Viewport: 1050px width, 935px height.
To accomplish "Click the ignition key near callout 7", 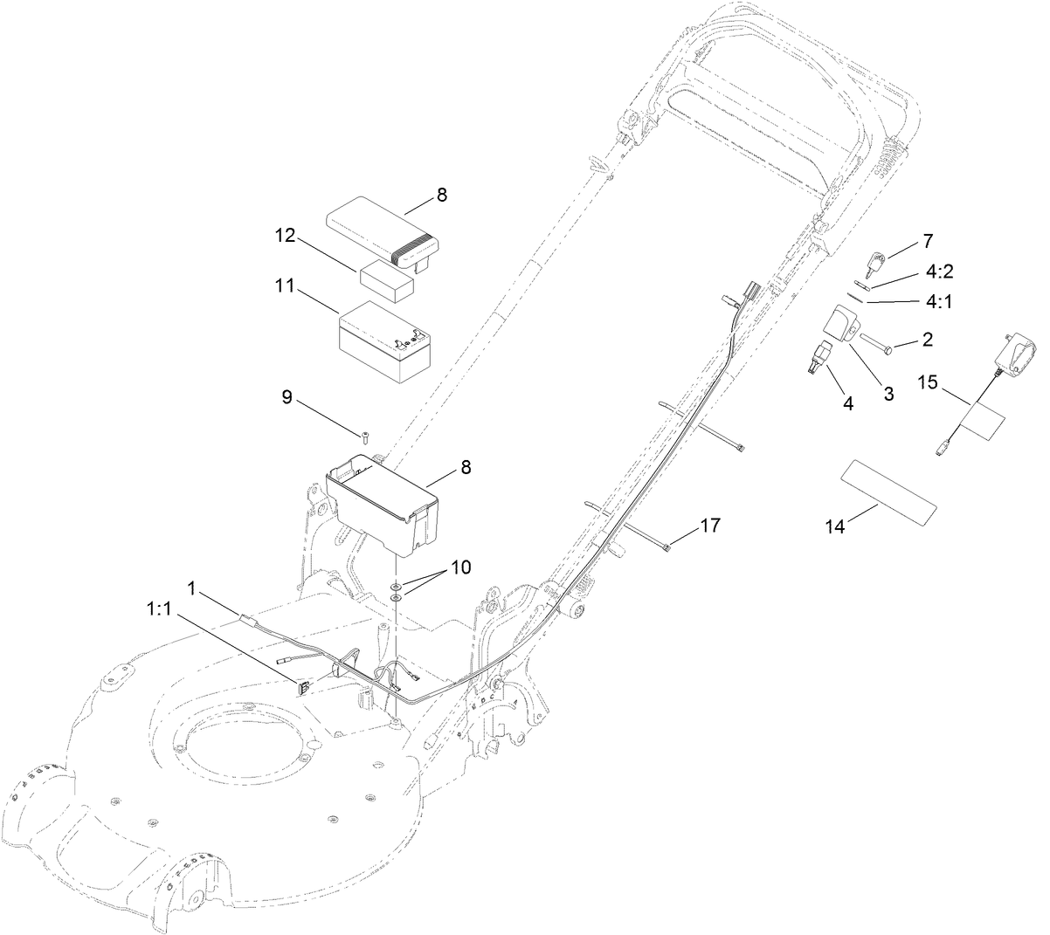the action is (x=875, y=262).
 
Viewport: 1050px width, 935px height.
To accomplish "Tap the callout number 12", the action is (x=285, y=236).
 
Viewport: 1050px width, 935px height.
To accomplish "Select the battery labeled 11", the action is (x=384, y=342).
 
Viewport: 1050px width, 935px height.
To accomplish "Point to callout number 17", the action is (x=710, y=526).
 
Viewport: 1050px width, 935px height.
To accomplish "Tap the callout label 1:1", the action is (x=159, y=609).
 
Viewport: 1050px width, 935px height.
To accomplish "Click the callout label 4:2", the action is (x=939, y=272).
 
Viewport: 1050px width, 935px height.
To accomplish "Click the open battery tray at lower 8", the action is (x=383, y=503).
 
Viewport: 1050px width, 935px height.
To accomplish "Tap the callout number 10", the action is (x=460, y=567).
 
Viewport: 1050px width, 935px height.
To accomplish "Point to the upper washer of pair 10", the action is (x=396, y=587).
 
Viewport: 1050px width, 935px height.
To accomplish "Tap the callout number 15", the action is (x=928, y=382).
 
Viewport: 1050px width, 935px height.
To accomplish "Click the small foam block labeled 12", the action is (x=387, y=282).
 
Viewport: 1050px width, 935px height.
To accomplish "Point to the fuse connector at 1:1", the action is (x=304, y=687).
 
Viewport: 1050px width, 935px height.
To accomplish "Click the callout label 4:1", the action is (x=939, y=301).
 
